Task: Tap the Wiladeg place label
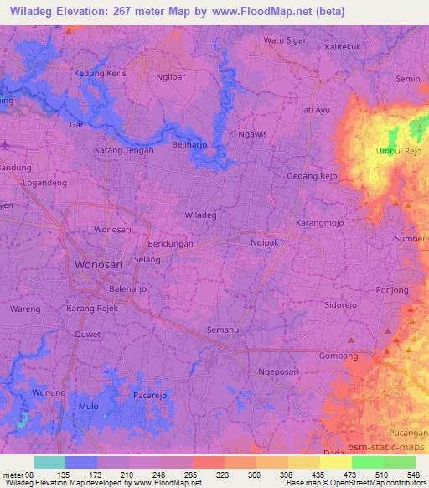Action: pos(200,215)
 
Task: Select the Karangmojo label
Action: pos(319,224)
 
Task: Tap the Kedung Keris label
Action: pos(100,74)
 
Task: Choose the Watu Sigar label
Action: pos(284,39)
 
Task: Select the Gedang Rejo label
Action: pos(311,177)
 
